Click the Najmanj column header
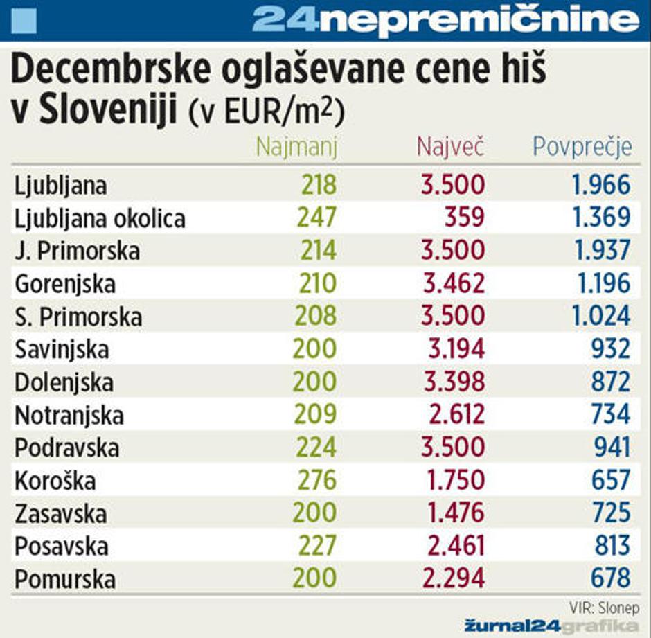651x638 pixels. (296, 147)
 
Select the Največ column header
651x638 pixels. (450, 147)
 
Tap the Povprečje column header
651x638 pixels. (582, 147)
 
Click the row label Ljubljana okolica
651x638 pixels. (100, 219)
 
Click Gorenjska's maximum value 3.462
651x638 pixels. (453, 283)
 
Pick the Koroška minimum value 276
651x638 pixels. (316, 480)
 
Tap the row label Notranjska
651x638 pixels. (69, 415)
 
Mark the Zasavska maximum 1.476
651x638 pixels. (455, 513)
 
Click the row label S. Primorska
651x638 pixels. (78, 317)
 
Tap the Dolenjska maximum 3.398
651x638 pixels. (453, 382)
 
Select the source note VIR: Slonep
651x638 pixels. (603, 607)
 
